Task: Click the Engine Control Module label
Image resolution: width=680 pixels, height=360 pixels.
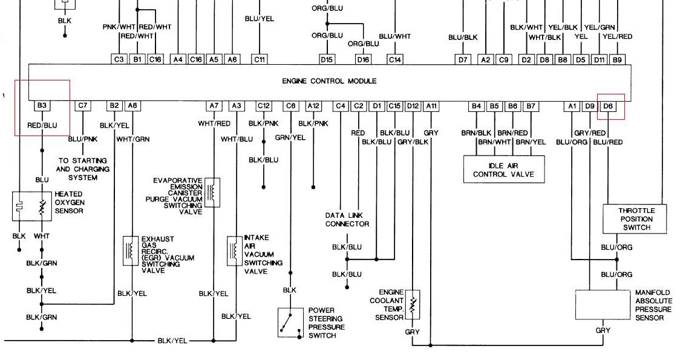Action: pos(329,81)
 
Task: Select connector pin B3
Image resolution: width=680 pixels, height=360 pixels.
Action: pos(42,106)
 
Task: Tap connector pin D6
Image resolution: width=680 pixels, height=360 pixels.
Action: pos(609,106)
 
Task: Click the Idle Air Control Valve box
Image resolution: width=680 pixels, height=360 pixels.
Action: pos(503,169)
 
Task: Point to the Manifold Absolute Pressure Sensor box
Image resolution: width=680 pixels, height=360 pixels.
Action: pos(603,305)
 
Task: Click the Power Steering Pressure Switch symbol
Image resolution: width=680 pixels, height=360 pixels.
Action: pos(290,322)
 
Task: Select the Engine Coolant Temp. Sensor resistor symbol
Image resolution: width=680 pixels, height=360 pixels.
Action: pos(413,304)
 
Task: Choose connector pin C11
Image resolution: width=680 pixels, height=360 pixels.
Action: pos(260,59)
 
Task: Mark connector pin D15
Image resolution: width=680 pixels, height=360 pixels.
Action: pos(327,59)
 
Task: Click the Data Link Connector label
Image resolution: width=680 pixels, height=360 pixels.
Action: pos(347,220)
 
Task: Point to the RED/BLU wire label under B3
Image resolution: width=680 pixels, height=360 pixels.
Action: pos(42,126)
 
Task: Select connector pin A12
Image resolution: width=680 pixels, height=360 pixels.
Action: pos(313,106)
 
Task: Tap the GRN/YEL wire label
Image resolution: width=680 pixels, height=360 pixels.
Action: pos(290,137)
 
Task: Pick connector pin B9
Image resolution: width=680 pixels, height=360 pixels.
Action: pos(617,59)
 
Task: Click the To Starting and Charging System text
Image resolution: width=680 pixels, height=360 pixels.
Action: pos(83,169)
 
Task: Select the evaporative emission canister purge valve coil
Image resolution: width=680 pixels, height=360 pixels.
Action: pos(212,192)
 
